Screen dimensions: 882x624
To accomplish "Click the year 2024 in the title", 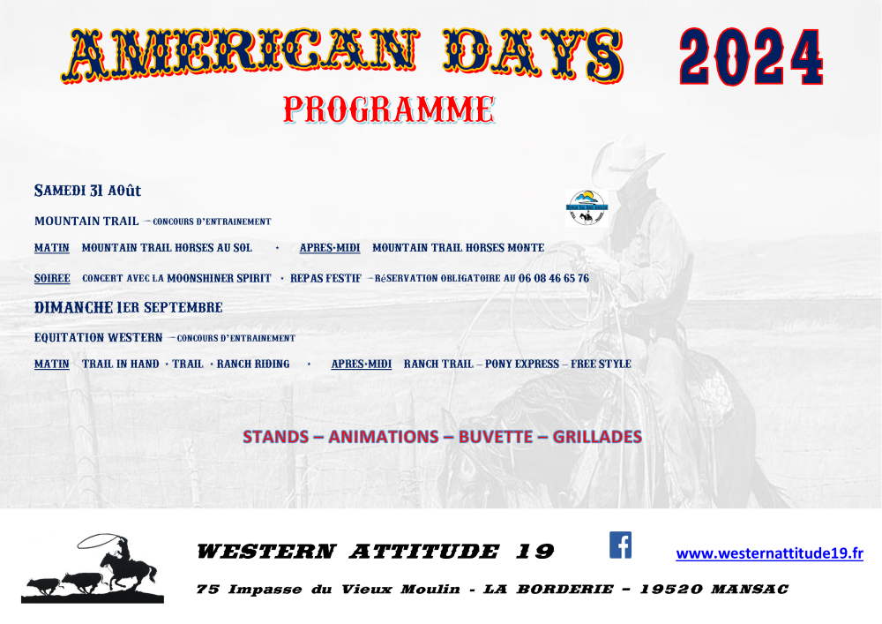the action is (751, 56).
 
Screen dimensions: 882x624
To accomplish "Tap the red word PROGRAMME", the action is (389, 109).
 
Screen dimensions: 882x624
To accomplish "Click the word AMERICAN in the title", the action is (241, 55).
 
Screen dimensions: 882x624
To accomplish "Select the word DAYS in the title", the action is (534, 55).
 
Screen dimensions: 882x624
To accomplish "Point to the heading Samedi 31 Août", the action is (87, 191).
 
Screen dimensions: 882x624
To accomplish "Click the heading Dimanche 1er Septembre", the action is (128, 307).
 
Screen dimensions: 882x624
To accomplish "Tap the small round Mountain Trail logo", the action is (587, 208).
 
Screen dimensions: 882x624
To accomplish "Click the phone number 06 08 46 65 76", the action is (554, 278).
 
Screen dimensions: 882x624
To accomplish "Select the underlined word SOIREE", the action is (52, 278).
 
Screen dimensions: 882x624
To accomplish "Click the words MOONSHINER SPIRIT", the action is (219, 278).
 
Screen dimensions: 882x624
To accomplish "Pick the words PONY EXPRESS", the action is (522, 364).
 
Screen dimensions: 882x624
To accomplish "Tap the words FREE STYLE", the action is (601, 364).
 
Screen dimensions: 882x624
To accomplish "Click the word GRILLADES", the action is (597, 437).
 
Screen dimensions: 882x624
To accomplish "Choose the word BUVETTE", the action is (495, 437).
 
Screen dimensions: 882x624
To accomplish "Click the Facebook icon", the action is (620, 545).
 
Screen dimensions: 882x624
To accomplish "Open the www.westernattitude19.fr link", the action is (769, 553).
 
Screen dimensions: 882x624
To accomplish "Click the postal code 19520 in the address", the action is (671, 589).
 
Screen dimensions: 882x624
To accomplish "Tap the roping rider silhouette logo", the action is (93, 569).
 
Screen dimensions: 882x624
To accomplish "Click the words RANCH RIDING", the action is (253, 364).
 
